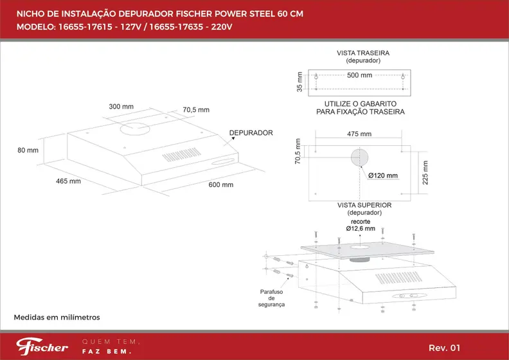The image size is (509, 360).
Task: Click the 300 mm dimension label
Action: coord(121,106)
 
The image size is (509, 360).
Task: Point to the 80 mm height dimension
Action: coord(28,150)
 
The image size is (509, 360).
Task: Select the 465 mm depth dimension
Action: coord(68,181)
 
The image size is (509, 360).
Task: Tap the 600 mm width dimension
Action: coord(220,184)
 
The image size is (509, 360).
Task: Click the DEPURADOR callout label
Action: coord(251,133)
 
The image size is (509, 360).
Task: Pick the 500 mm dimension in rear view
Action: coord(359,75)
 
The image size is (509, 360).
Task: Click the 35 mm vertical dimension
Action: coord(299,81)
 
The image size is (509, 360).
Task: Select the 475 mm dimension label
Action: coord(359,134)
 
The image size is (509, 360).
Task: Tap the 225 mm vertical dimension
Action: coord(425,171)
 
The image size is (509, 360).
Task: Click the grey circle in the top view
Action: coord(359,157)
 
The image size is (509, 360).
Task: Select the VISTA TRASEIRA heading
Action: coord(364,53)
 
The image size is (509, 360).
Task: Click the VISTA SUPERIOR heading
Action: coord(364,205)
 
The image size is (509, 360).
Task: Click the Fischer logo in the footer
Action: coord(42,347)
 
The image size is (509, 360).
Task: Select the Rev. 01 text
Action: coord(444,348)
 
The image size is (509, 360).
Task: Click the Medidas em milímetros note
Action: coord(57,318)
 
